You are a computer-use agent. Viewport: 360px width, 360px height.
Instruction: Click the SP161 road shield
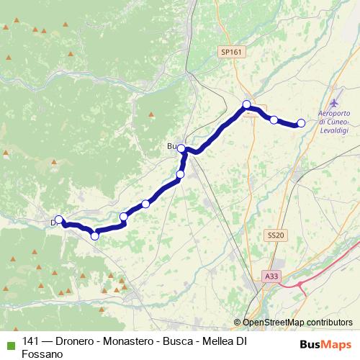click(x=232, y=52)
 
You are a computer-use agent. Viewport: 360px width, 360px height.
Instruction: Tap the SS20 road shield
click(x=276, y=235)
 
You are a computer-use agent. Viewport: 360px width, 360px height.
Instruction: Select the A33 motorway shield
click(x=271, y=276)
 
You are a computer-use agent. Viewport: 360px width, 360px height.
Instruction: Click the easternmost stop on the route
click(x=301, y=124)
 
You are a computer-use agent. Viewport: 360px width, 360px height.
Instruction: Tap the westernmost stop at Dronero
click(x=59, y=221)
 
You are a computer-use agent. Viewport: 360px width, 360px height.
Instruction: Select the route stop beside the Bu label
click(x=182, y=149)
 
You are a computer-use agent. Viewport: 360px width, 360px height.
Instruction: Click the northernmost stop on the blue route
click(x=247, y=105)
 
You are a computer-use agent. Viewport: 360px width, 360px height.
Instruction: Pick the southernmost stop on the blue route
click(x=94, y=235)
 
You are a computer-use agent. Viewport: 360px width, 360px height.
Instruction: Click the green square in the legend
click(x=9, y=343)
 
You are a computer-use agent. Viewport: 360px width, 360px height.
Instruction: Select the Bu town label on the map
click(x=171, y=147)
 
